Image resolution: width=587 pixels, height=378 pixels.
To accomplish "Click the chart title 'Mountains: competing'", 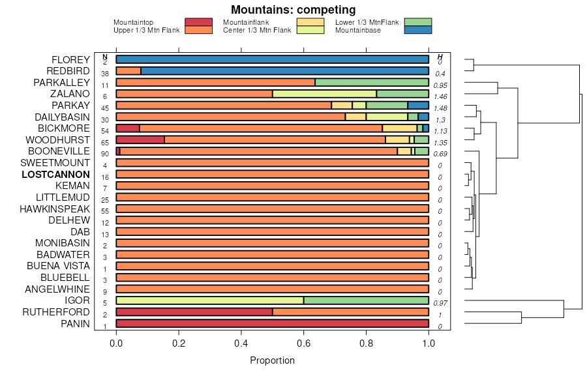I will click(x=293, y=10).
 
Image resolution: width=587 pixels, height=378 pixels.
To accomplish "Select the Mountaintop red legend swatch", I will click(x=198, y=23).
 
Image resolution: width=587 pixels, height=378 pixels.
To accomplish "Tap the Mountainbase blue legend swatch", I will click(x=417, y=30).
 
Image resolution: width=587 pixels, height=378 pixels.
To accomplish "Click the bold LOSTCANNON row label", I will click(x=55, y=175).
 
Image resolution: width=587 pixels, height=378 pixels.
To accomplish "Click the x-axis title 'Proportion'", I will click(x=273, y=360).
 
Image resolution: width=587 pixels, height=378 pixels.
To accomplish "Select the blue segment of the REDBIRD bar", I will click(x=284, y=71).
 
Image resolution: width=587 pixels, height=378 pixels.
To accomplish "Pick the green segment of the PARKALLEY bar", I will click(x=372, y=83).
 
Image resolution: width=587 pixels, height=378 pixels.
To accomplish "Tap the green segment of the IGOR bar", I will click(x=366, y=300).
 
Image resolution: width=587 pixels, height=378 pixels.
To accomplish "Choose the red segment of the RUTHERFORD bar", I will click(x=194, y=312).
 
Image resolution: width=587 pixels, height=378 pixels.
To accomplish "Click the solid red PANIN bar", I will click(x=273, y=323).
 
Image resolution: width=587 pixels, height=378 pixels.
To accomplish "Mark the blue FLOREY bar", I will click(x=273, y=60).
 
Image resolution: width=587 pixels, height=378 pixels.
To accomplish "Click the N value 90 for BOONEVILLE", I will click(x=105, y=154).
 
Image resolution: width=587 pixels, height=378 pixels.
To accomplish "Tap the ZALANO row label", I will click(x=72, y=94).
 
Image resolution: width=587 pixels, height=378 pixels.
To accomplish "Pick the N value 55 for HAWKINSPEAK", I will click(x=105, y=211).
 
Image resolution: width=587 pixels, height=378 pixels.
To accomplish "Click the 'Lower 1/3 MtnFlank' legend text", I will click(x=367, y=23).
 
